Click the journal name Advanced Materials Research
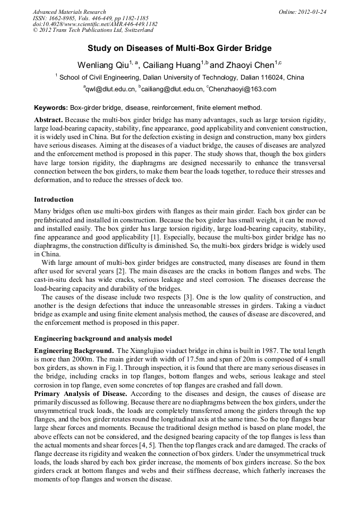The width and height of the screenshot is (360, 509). pyautogui.click(x=69, y=12)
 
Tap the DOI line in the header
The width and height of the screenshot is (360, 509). pyautogui.click(x=95, y=24)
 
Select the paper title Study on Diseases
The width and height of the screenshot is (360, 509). pyautogui.click(x=179, y=48)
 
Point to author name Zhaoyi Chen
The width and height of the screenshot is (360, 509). pyautogui.click(x=250, y=65)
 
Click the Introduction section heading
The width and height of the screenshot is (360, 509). pyautogui.click(x=54, y=200)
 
